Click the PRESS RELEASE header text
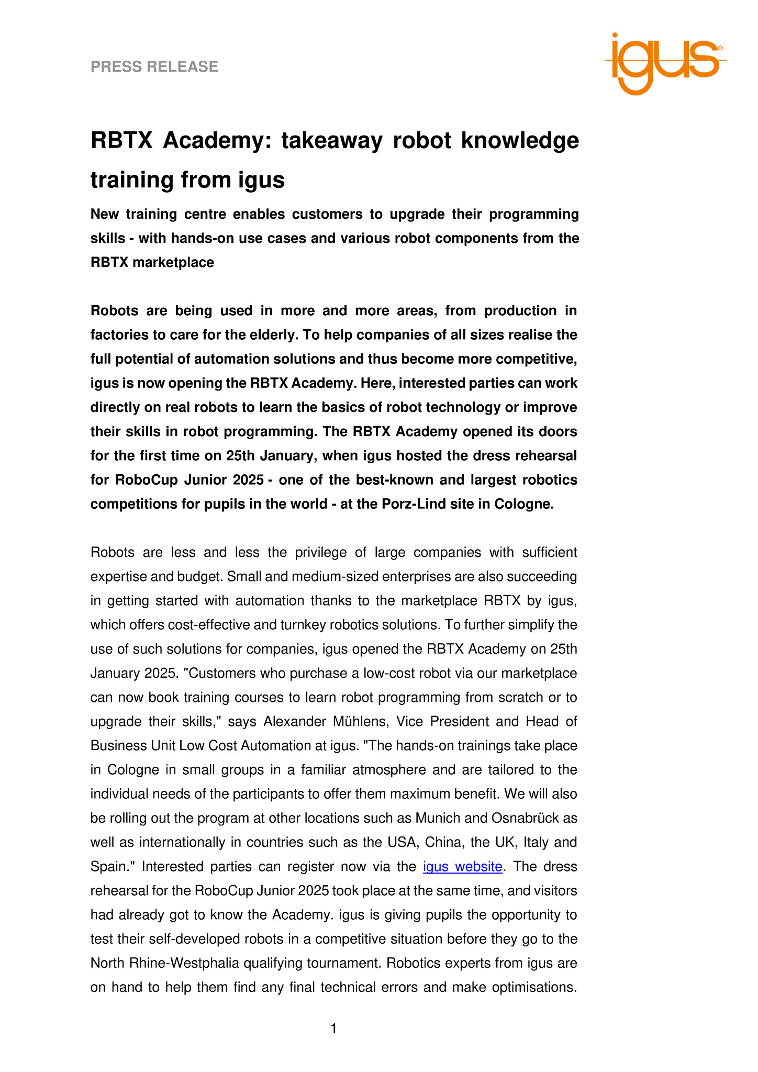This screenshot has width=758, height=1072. point(154,67)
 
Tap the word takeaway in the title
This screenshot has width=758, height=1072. point(332,141)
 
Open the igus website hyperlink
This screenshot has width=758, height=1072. point(462,866)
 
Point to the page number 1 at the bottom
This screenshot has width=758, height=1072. point(333,1029)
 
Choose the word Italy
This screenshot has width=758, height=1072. point(535,842)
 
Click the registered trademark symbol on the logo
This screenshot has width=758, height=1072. point(720,48)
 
